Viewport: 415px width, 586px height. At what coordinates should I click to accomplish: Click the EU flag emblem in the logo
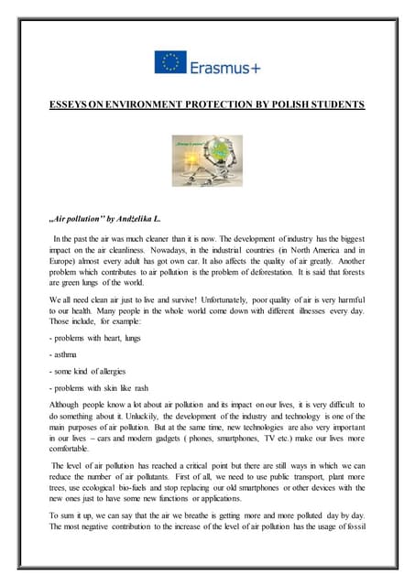pos(170,62)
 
